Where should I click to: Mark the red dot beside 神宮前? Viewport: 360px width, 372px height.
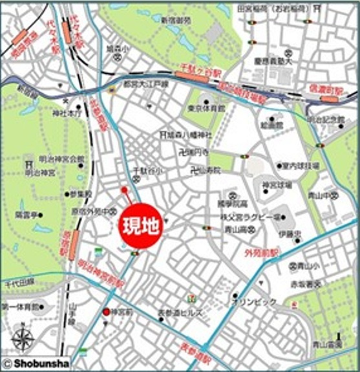click(x=107, y=312)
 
